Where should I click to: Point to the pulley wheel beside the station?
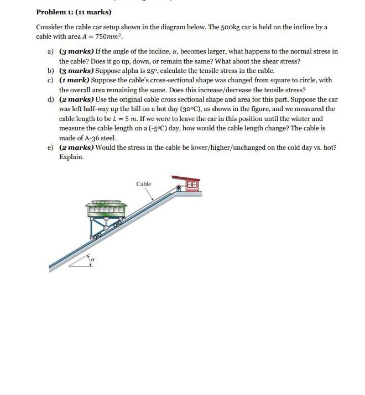click(x=179, y=188)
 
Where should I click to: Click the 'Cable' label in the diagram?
click(x=143, y=184)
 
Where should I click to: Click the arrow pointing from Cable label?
click(x=150, y=193)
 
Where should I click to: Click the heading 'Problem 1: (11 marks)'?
click(x=74, y=12)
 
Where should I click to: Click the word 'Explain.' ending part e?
click(x=71, y=157)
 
